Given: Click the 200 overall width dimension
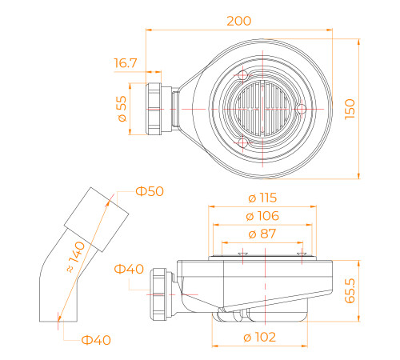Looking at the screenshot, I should click(x=238, y=20).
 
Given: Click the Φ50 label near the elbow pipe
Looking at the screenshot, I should click(x=150, y=191).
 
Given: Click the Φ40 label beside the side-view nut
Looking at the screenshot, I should click(x=130, y=268).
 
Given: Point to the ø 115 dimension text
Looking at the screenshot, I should click(x=263, y=197).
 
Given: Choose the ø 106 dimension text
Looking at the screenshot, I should click(x=263, y=215).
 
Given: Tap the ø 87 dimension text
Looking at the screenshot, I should click(x=263, y=234).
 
